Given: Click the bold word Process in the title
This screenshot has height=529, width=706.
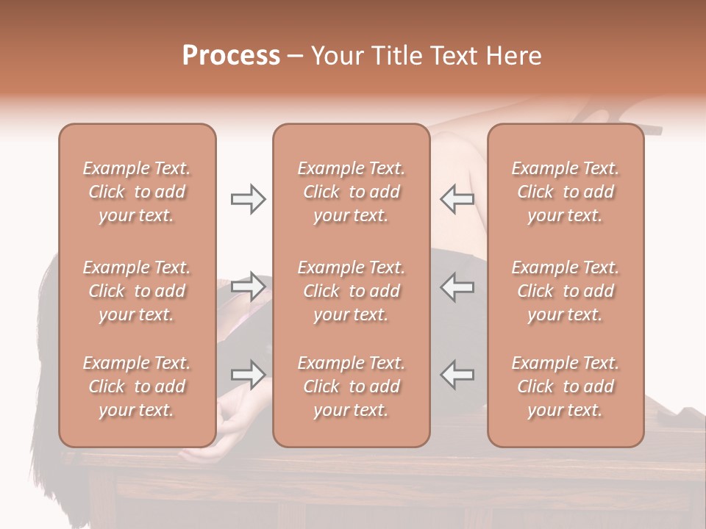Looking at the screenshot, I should [x=231, y=56].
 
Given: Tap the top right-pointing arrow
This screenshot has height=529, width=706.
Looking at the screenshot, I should [x=248, y=199].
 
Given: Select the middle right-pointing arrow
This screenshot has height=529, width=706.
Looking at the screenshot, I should [x=248, y=287].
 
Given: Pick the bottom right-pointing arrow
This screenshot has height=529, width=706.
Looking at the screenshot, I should [x=248, y=374].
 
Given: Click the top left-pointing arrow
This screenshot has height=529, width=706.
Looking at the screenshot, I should [x=457, y=199].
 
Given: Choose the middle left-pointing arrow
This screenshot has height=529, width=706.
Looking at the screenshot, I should [x=457, y=287].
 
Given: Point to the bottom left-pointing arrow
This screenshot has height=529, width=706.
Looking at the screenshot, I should [x=457, y=374].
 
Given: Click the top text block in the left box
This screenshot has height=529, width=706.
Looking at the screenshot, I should [x=137, y=192].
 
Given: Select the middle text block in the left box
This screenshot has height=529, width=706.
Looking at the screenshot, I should [x=137, y=291].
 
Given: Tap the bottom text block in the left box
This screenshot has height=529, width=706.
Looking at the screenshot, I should [x=137, y=386].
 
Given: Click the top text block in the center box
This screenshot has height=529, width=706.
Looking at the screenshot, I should [x=352, y=192].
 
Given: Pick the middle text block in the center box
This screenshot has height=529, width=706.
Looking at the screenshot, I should [x=352, y=291].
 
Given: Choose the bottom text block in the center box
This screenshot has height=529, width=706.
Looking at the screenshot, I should [x=352, y=386].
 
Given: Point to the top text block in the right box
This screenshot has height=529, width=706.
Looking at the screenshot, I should [x=566, y=192].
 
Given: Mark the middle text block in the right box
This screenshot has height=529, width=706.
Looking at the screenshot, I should [x=566, y=291].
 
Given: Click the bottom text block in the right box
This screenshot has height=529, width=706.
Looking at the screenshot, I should [x=566, y=386].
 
